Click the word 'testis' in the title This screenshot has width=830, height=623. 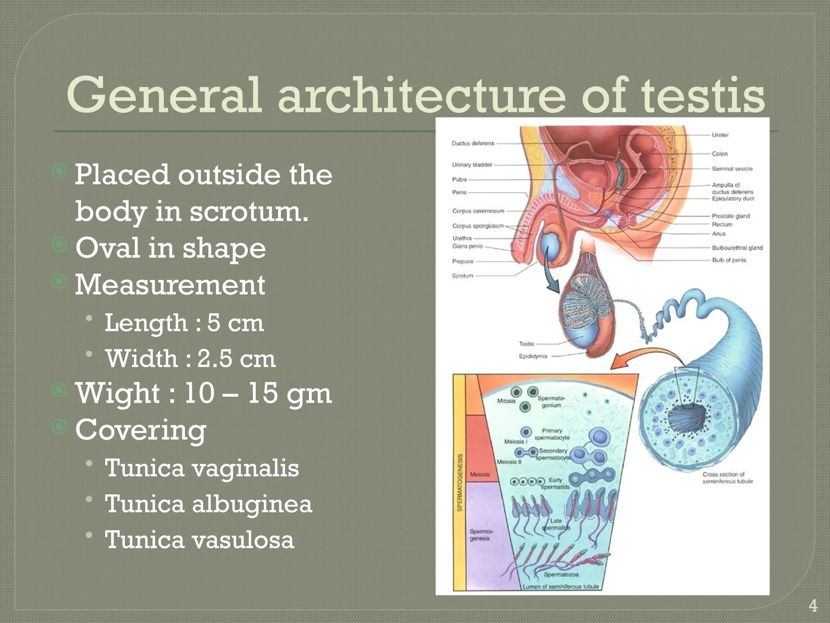pos(703,96)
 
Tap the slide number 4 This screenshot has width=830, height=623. pos(813,606)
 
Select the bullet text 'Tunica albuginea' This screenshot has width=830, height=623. pos(208,504)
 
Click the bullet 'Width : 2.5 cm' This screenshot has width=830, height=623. pos(190,359)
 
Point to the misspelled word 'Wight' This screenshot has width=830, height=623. pos(118,393)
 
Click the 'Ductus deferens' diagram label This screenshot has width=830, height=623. pos(473,143)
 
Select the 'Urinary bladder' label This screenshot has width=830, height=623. pos(472,165)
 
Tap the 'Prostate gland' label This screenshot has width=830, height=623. pos(731,216)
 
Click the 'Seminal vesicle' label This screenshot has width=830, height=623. pos(732,169)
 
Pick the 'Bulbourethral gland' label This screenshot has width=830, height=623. pos(737,247)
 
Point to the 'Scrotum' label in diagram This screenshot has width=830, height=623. pos(462,276)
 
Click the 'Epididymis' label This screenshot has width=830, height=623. pos(533,356)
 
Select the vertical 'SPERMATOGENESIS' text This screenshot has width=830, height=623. pos(460,483)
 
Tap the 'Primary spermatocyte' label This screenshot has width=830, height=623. pos(552,434)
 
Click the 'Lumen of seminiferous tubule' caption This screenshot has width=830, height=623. pos(560,586)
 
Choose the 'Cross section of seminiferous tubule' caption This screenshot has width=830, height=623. pos(727,478)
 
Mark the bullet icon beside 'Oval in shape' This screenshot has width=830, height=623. pos(59,245)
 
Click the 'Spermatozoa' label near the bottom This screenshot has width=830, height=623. pos(561,574)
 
